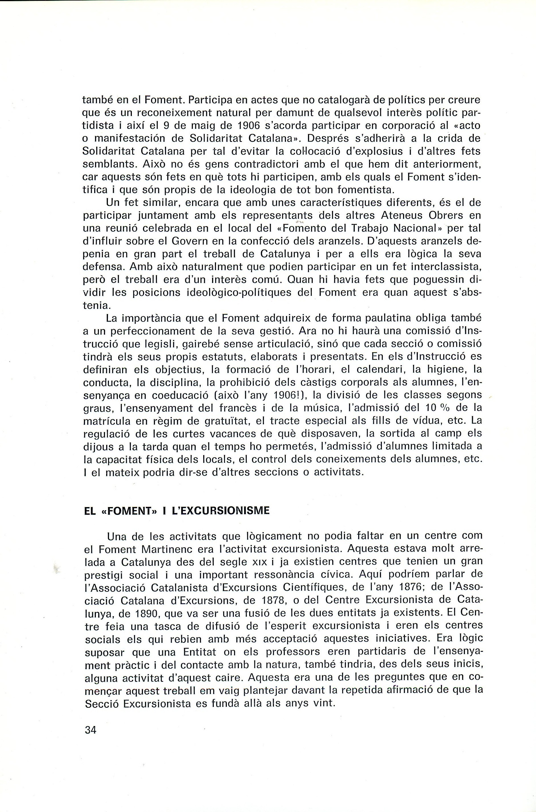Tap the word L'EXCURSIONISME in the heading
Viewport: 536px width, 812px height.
click(218, 511)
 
